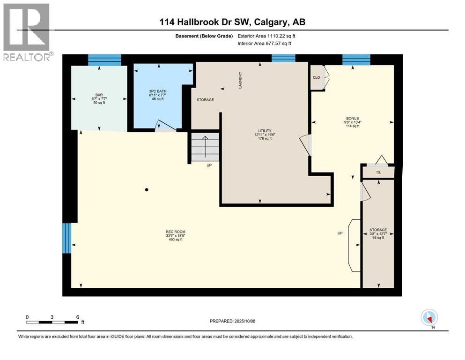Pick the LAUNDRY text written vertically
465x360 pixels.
coord(240,80)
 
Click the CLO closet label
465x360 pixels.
coord(316,77)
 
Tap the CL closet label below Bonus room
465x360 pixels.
coord(379,172)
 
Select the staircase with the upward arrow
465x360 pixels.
coord(205,146)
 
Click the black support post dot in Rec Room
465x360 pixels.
coord(147,190)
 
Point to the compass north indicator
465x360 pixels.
coord(429,318)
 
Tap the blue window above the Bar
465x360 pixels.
coord(104,60)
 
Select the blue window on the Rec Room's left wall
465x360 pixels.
coord(67,238)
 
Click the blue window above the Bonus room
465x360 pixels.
coord(356,60)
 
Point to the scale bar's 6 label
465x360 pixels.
coord(77,317)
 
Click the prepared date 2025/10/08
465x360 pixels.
coord(233,321)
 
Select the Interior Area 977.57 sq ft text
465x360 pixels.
coord(265,43)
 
